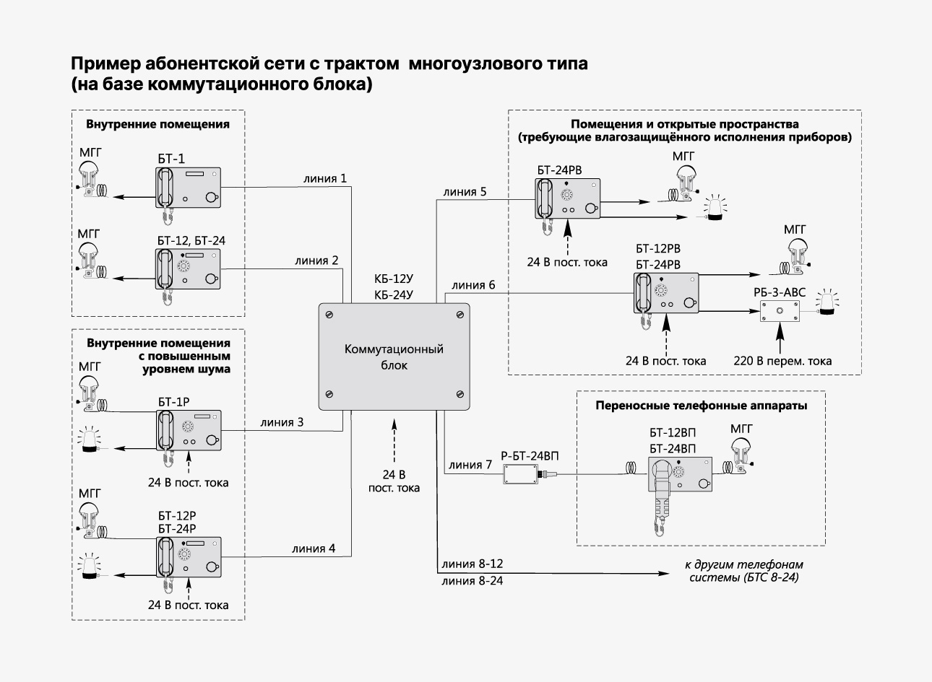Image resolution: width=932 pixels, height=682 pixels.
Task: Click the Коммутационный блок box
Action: click(394, 357)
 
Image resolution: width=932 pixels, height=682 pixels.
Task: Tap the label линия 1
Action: click(324, 178)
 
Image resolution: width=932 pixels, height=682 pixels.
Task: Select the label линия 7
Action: click(470, 465)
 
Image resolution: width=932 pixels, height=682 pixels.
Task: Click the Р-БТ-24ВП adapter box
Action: click(519, 474)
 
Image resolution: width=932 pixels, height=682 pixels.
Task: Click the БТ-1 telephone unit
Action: click(189, 187)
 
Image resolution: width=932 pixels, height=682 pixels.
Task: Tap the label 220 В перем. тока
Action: click(782, 360)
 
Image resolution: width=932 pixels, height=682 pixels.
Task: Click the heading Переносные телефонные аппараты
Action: click(701, 406)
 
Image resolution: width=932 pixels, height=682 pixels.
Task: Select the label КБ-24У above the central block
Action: click(394, 294)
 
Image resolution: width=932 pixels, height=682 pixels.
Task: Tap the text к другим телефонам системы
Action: click(744, 572)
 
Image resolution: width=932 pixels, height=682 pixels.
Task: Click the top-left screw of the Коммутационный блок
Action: click(329, 315)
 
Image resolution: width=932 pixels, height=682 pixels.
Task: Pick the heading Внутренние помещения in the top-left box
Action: click(158, 124)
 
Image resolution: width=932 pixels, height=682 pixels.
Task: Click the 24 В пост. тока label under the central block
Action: click(394, 481)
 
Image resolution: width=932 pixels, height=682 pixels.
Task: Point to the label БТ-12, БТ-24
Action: click(191, 240)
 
